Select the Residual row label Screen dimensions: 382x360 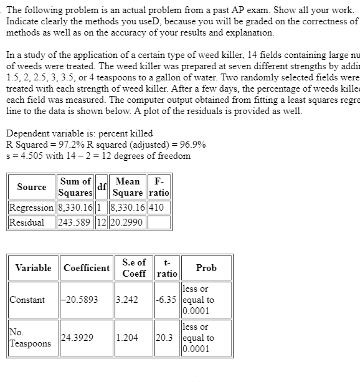pos(27,222)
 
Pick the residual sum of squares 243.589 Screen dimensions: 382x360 pos(74,222)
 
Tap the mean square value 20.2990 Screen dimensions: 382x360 pos(126,222)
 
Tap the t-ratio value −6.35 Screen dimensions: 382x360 pos(166,300)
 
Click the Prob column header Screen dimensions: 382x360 pos(206,268)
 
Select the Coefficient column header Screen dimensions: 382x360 pos(87,268)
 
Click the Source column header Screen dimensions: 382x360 pos(32,186)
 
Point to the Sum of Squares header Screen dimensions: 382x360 pos(74,186)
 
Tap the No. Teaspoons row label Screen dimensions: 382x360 pos(31,338)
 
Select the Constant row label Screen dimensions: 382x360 pos(27,300)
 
